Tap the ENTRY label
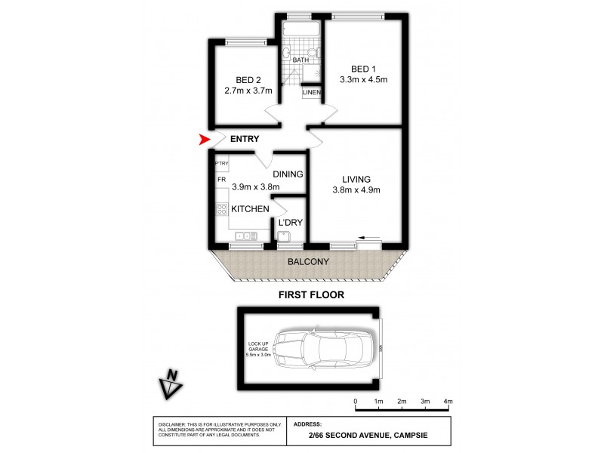coord(245,139)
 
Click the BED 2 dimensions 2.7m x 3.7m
coord(248,91)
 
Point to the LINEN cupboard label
coord(312,93)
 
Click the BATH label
coord(300,60)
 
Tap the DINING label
coord(288,174)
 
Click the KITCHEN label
coord(250,208)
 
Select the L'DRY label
coord(290,223)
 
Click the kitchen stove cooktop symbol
coord(222,209)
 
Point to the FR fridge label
coord(222,181)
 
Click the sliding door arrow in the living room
coord(370,236)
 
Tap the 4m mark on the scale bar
coord(448,401)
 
